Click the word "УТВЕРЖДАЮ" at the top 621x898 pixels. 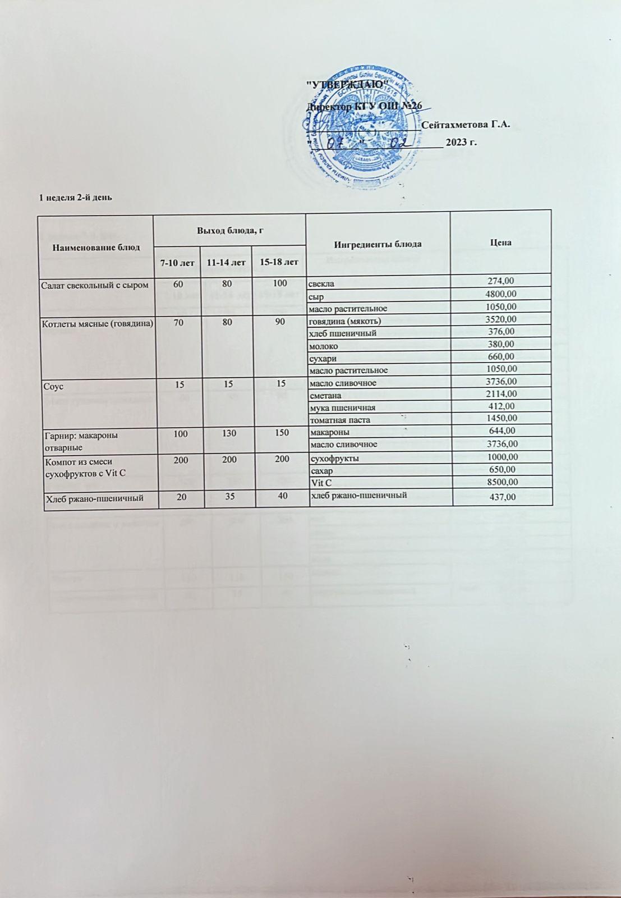coord(350,84)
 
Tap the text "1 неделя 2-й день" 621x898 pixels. coord(75,198)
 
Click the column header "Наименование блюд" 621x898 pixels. coord(96,247)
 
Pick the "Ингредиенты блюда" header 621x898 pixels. coord(378,244)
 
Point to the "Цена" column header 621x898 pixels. coord(500,242)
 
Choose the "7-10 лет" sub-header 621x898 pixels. coord(177,262)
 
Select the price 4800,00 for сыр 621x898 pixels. coord(500,294)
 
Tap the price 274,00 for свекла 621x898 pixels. coord(503,281)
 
